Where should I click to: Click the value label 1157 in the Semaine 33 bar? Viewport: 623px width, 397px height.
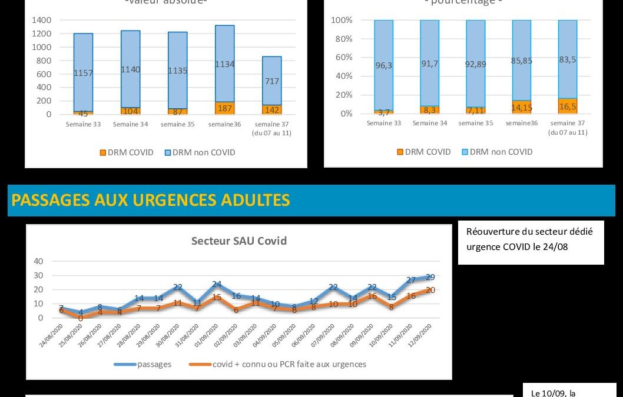point(83,73)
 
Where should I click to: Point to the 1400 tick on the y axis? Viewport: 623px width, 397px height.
point(42,20)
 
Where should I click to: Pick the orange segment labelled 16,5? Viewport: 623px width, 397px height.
point(568,105)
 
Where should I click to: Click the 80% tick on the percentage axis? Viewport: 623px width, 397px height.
point(343,39)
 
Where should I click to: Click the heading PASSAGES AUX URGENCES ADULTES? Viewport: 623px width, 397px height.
point(151,201)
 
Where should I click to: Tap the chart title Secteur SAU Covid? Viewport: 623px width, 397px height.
point(239,241)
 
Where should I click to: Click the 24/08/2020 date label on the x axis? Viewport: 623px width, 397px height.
point(51,334)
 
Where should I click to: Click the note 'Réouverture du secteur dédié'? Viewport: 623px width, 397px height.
point(529,232)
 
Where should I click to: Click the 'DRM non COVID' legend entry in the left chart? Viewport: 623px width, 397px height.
point(203,152)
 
